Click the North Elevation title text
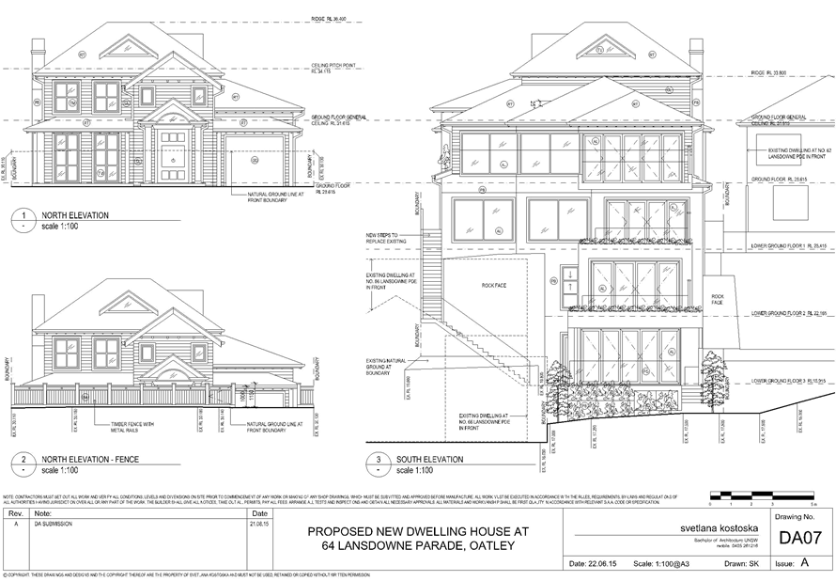[x=74, y=215]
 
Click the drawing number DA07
[x=800, y=539]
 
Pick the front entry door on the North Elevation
[x=172, y=153]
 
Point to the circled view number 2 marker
[x=21, y=463]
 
